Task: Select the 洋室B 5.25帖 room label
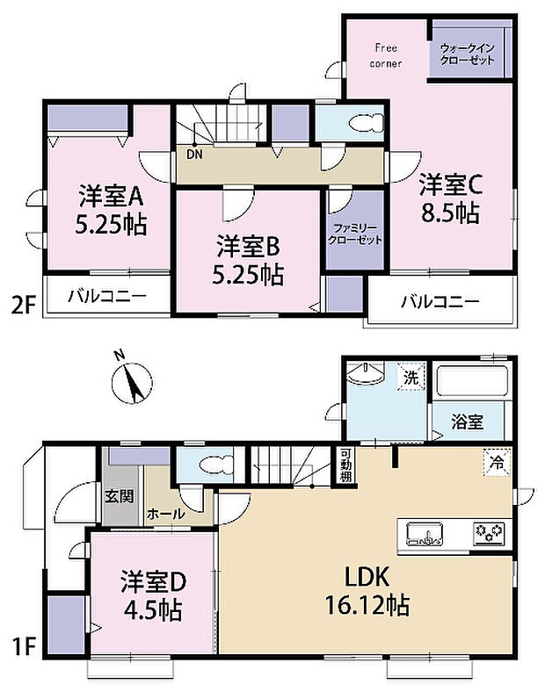247,260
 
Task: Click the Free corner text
386,55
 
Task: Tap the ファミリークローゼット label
355,233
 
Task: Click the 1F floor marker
24,649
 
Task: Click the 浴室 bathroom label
468,421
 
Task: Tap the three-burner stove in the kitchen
489,532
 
